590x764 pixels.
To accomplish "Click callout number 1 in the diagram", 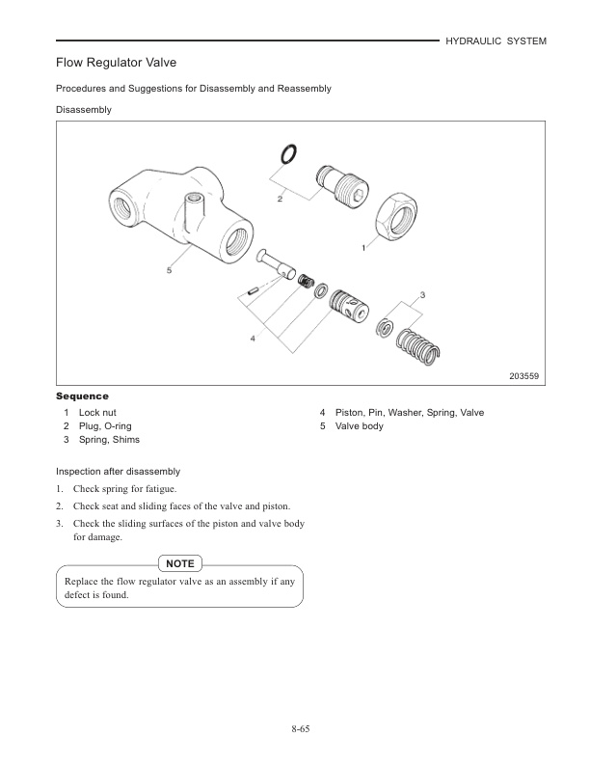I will (x=363, y=248).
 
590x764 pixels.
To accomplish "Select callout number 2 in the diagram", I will (x=280, y=199).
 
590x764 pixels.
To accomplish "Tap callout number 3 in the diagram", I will (x=422, y=292).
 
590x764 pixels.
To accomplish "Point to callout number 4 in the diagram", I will (x=253, y=339).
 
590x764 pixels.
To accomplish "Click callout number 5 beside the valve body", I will (x=169, y=271).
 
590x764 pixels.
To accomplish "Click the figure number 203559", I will (x=524, y=376).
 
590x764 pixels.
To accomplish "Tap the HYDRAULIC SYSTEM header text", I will (x=496, y=41).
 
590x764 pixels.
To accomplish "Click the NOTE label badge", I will (x=180, y=562).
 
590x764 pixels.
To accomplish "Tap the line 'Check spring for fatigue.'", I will (x=127, y=490).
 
